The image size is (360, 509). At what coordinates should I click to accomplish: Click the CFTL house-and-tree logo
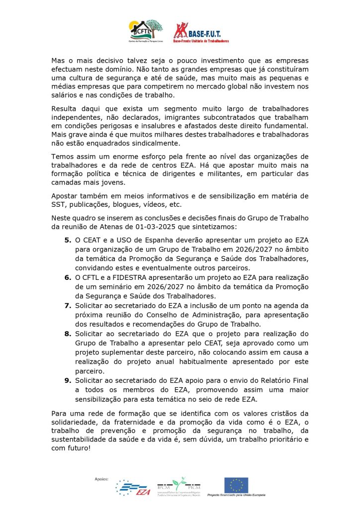146,31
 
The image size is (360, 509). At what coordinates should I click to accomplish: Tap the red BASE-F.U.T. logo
201,32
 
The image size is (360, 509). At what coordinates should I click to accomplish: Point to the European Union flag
236,484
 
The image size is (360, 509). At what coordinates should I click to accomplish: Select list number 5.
68,240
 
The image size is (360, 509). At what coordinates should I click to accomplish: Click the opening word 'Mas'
59,60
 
